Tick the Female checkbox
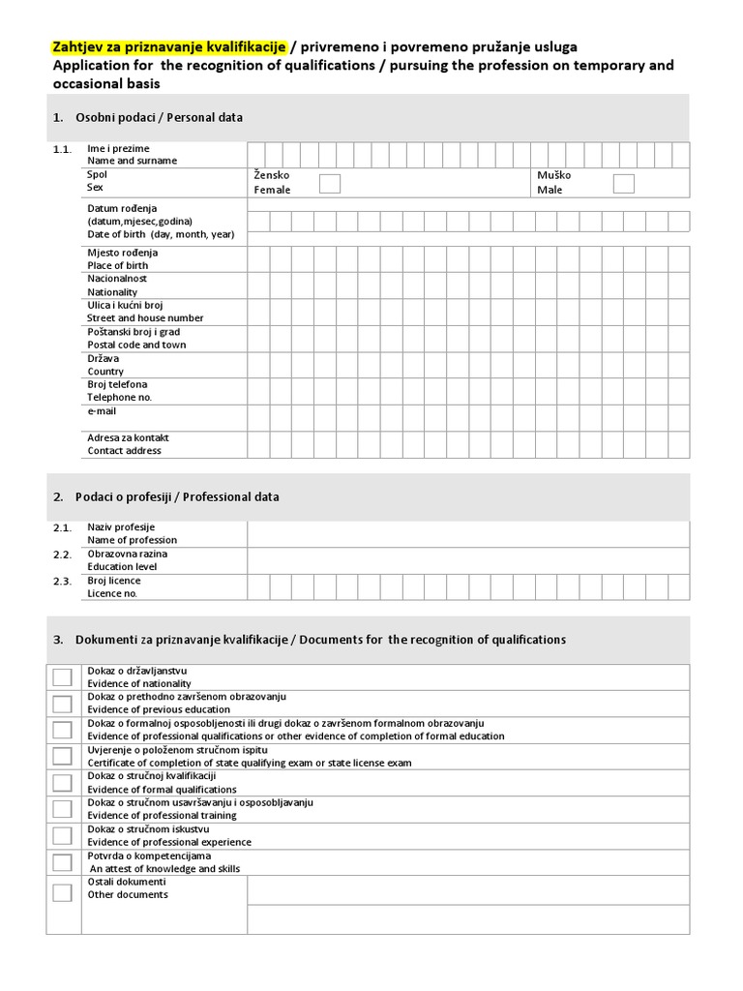[x=330, y=183]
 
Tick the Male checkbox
[x=623, y=183]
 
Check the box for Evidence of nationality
[x=62, y=677]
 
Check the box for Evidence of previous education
[x=62, y=704]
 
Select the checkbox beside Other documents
[x=62, y=892]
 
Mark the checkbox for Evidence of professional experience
[x=62, y=835]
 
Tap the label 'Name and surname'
[x=132, y=161]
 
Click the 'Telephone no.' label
[x=120, y=398]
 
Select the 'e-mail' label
[x=102, y=411]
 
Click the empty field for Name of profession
[x=468, y=534]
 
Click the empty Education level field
[x=468, y=560]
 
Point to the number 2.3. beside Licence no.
[x=63, y=581]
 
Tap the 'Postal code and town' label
[x=136, y=345]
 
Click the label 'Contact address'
[x=124, y=451]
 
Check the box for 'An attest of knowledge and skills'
[x=62, y=862]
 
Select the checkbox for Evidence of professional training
[x=62, y=809]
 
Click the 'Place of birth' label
[x=118, y=265]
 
